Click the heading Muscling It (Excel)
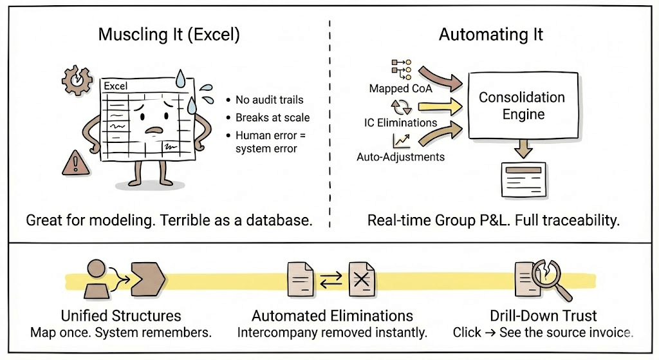click(x=169, y=35)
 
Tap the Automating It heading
click(x=490, y=35)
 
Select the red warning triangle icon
click(x=75, y=163)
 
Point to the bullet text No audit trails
click(x=269, y=100)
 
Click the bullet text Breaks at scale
click(x=272, y=118)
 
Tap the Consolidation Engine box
click(x=521, y=106)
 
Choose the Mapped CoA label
click(x=401, y=88)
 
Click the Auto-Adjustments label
click(x=401, y=156)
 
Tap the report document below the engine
click(x=521, y=178)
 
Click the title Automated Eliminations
click(x=332, y=316)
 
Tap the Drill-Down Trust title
click(x=543, y=316)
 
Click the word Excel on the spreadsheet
click(x=116, y=86)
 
